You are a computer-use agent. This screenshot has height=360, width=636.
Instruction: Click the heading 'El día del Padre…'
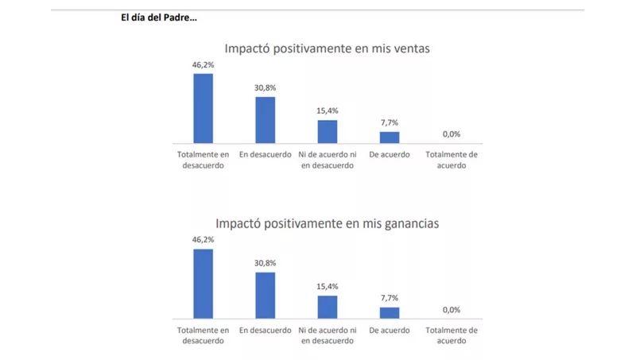(159, 17)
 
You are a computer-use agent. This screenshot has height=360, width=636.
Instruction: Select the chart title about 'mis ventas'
(327, 48)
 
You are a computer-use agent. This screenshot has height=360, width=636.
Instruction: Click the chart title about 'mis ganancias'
(327, 223)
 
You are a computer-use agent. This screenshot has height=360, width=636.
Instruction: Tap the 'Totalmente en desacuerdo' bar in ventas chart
(204, 108)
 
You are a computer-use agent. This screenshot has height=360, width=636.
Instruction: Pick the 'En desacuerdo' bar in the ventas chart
(266, 120)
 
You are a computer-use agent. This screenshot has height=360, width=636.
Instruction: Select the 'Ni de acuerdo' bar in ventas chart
(328, 131)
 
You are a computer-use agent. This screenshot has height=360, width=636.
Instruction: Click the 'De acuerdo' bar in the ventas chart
(390, 137)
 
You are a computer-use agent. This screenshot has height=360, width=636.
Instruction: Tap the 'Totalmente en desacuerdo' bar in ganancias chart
(204, 284)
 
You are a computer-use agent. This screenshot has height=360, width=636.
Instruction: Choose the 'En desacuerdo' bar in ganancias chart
(266, 295)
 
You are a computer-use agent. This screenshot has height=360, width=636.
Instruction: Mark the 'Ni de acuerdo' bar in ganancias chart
(328, 307)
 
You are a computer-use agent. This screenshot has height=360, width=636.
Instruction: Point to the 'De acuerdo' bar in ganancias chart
(390, 312)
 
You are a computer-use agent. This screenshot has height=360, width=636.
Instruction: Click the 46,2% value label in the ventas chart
(204, 65)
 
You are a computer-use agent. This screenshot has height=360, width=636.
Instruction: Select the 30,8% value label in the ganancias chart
(266, 263)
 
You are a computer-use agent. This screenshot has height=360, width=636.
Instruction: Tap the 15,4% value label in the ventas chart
(328, 111)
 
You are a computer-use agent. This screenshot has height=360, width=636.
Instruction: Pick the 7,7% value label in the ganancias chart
(390, 298)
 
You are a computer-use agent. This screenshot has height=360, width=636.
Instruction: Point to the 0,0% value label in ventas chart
(452, 134)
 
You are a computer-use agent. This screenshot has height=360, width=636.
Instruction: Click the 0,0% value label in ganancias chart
(452, 310)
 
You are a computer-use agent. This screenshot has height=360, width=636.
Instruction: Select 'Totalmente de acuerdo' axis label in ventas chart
(452, 160)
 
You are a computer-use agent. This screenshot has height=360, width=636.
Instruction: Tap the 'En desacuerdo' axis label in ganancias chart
(266, 330)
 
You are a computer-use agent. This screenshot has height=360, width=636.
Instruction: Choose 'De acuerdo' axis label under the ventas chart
(390, 155)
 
